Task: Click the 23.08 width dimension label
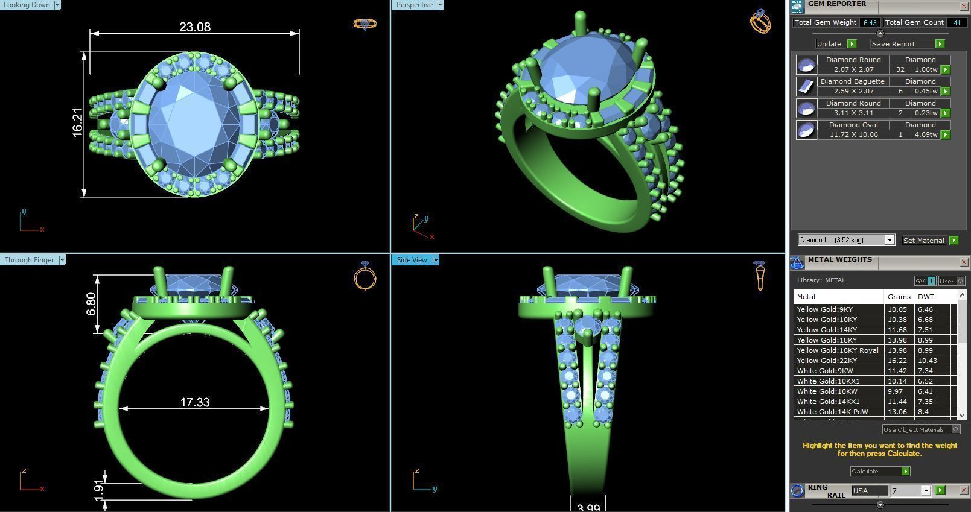tap(195, 27)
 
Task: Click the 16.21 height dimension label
tap(78, 122)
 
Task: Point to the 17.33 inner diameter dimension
tap(195, 402)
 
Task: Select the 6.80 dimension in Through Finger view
tap(91, 304)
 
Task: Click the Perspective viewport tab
tap(415, 5)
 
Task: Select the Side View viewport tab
tap(412, 260)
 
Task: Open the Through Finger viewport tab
tap(29, 260)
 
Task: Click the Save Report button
tap(893, 44)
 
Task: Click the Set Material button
tap(923, 240)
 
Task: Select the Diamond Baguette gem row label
tap(852, 81)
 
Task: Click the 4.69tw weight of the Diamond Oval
tap(926, 134)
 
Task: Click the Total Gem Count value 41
tap(957, 23)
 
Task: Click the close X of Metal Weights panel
tap(964, 262)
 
